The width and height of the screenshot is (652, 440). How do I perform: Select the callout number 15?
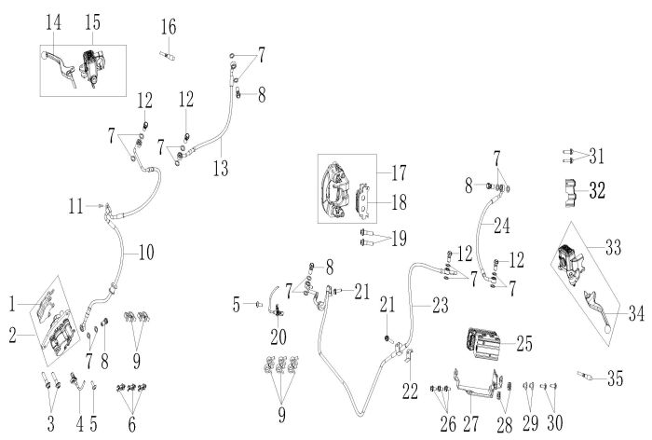pos(92,21)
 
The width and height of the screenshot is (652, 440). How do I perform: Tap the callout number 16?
pos(167,25)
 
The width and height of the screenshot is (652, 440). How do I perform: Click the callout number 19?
pos(400,238)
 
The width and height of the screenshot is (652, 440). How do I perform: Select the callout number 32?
pos(597,190)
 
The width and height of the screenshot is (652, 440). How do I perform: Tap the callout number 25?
pos(525,344)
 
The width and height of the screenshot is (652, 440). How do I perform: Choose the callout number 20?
pos(277,333)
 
